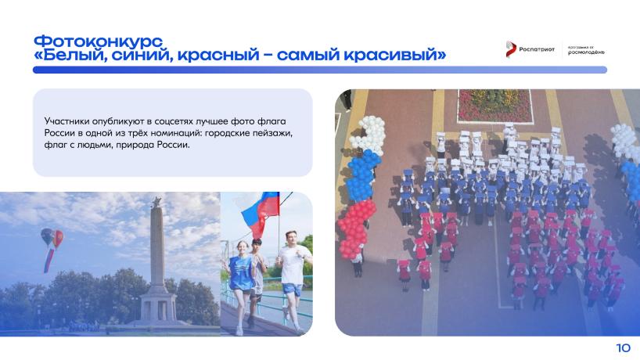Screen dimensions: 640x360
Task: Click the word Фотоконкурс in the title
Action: coord(98,41)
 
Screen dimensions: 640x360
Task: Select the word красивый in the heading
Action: coord(394,55)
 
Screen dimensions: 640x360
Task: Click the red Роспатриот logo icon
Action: coord(510,49)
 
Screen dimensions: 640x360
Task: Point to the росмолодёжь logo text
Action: coord(586,52)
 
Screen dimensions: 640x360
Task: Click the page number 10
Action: coord(624,347)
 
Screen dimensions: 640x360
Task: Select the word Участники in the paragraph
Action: coord(67,121)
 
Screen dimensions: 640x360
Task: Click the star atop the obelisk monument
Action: coord(156,202)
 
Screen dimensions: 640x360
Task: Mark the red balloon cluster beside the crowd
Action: coord(355,229)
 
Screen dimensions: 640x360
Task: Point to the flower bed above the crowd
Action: coord(494,106)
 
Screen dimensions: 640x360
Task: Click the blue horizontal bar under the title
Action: coord(320,70)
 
